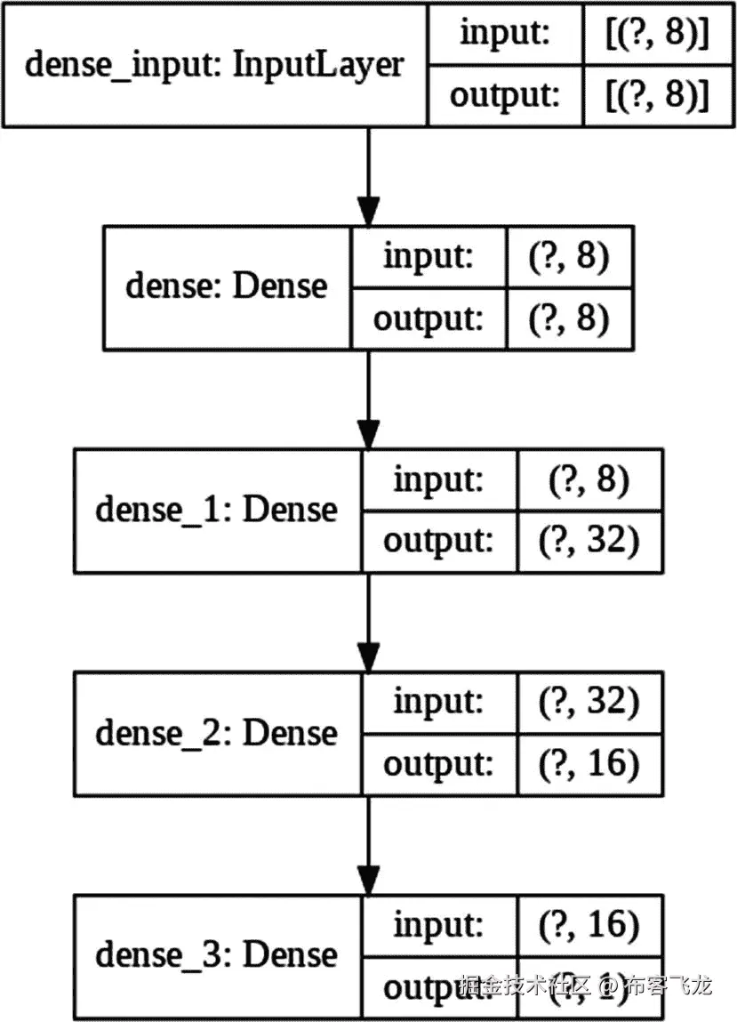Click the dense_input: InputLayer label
[214, 64]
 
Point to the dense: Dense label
[227, 286]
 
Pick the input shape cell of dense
[569, 256]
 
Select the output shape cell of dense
[569, 318]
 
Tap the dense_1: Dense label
[216, 510]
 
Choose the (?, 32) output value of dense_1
[589, 541]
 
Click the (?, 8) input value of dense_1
[589, 480]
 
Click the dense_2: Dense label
[216, 733]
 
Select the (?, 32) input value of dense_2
[589, 703]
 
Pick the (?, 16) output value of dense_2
[589, 763]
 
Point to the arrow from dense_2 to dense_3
[368, 845]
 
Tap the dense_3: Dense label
[216, 955]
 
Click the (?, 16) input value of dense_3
[589, 925]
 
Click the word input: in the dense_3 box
[438, 925]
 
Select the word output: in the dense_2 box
[438, 763]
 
